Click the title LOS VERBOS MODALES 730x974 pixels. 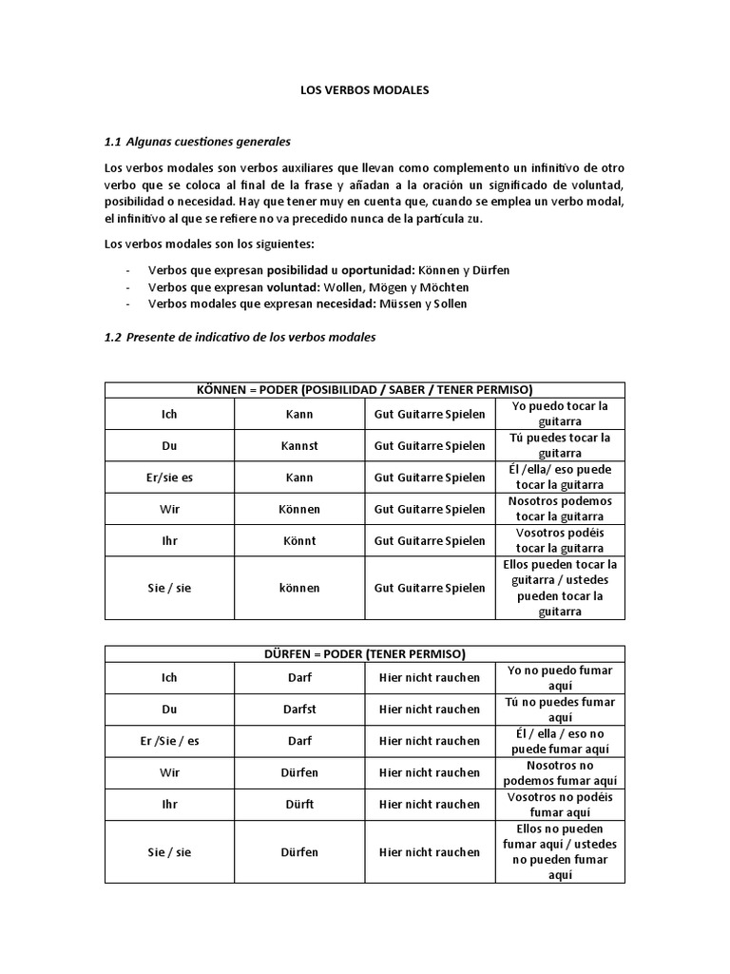coord(365,90)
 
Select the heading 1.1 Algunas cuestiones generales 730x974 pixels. coord(197,142)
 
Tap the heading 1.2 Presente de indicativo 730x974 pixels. coord(240,337)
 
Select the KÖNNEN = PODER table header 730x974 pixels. coord(365,389)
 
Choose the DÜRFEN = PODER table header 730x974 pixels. coord(365,653)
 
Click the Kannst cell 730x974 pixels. coord(299,445)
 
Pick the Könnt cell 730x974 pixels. coord(299,540)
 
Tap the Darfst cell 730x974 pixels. coord(299,709)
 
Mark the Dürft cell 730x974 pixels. coord(299,804)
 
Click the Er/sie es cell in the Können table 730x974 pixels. coord(169,477)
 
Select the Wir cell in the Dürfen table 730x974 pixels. coord(169,772)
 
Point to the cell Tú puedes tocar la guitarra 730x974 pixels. coord(561,445)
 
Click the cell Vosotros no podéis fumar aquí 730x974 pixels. coord(561,804)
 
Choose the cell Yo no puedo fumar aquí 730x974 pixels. coord(561,677)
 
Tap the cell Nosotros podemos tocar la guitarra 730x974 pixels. coord(561,509)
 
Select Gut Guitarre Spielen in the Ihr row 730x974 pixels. coord(430,540)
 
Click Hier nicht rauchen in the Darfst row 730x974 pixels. coord(430,709)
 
